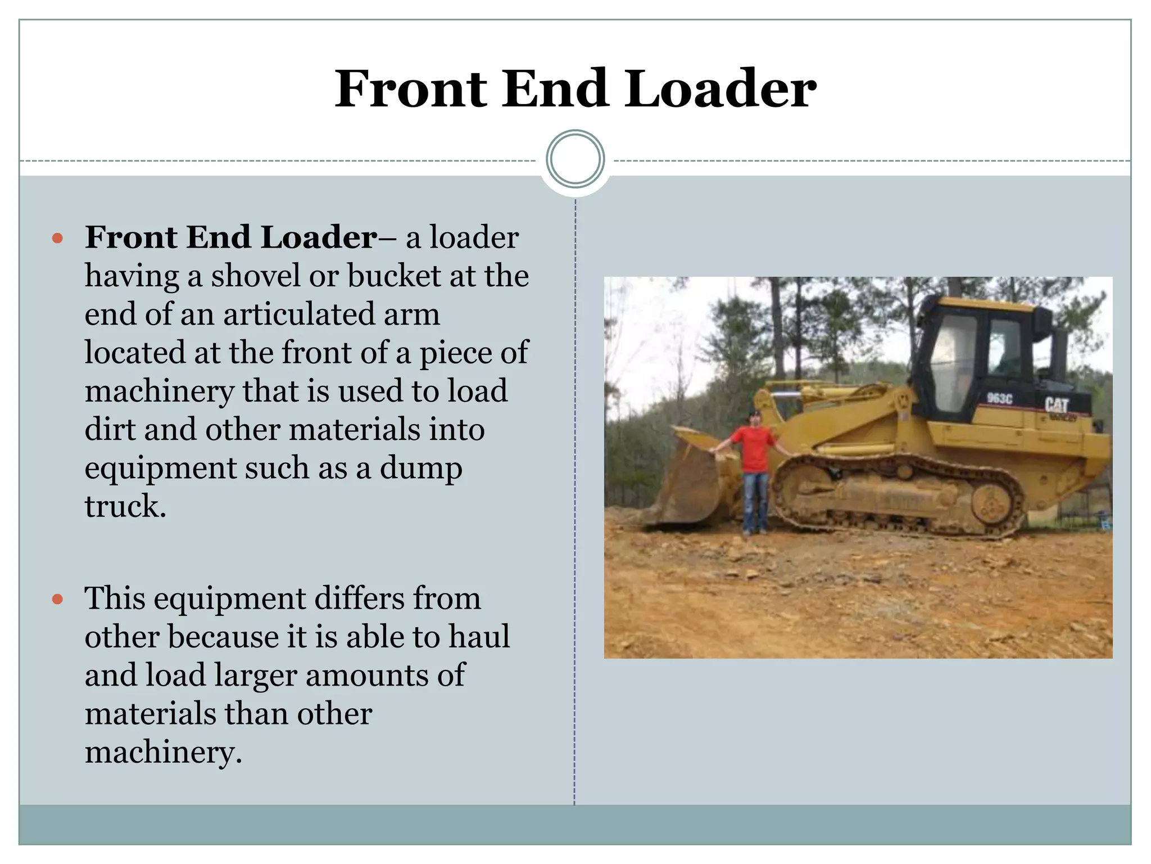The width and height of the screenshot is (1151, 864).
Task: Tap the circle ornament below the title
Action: [575, 159]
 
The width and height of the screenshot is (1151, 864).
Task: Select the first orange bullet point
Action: [57, 238]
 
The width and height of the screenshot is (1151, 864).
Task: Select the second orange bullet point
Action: [57, 599]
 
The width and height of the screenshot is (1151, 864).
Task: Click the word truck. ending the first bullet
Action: [125, 506]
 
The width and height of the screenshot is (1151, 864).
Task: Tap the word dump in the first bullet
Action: [421, 468]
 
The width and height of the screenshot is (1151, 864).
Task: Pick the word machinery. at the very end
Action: [163, 752]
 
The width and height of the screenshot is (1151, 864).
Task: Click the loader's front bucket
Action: [688, 484]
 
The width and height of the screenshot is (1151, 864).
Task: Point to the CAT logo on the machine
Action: [1057, 405]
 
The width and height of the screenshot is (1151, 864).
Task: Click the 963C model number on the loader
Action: [999, 398]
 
